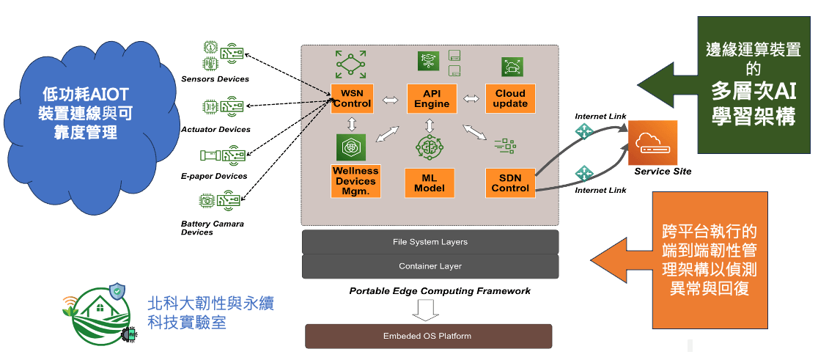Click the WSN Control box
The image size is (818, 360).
coord(352,98)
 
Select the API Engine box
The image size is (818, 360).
coord(432,98)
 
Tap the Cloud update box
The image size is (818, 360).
coord(510,98)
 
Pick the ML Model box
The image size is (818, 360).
coord(430,183)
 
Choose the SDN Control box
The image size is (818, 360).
coord(510,183)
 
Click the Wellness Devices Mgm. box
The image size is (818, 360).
coord(355,181)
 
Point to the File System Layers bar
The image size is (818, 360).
coord(430,242)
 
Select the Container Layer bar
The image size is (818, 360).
coord(430,266)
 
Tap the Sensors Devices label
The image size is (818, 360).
coord(215,79)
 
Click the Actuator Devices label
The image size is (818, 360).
coord(215,130)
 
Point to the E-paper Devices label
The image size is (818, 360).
coord(214,177)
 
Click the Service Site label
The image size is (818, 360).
coord(663,172)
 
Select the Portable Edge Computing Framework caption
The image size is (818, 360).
coord(440,291)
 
